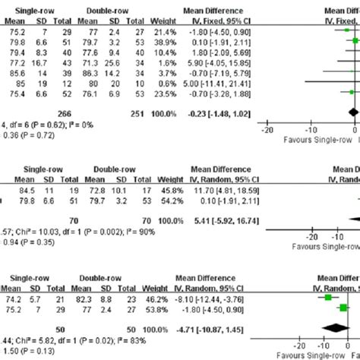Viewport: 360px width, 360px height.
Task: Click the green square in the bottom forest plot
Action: pyautogui.click(x=328, y=299)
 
